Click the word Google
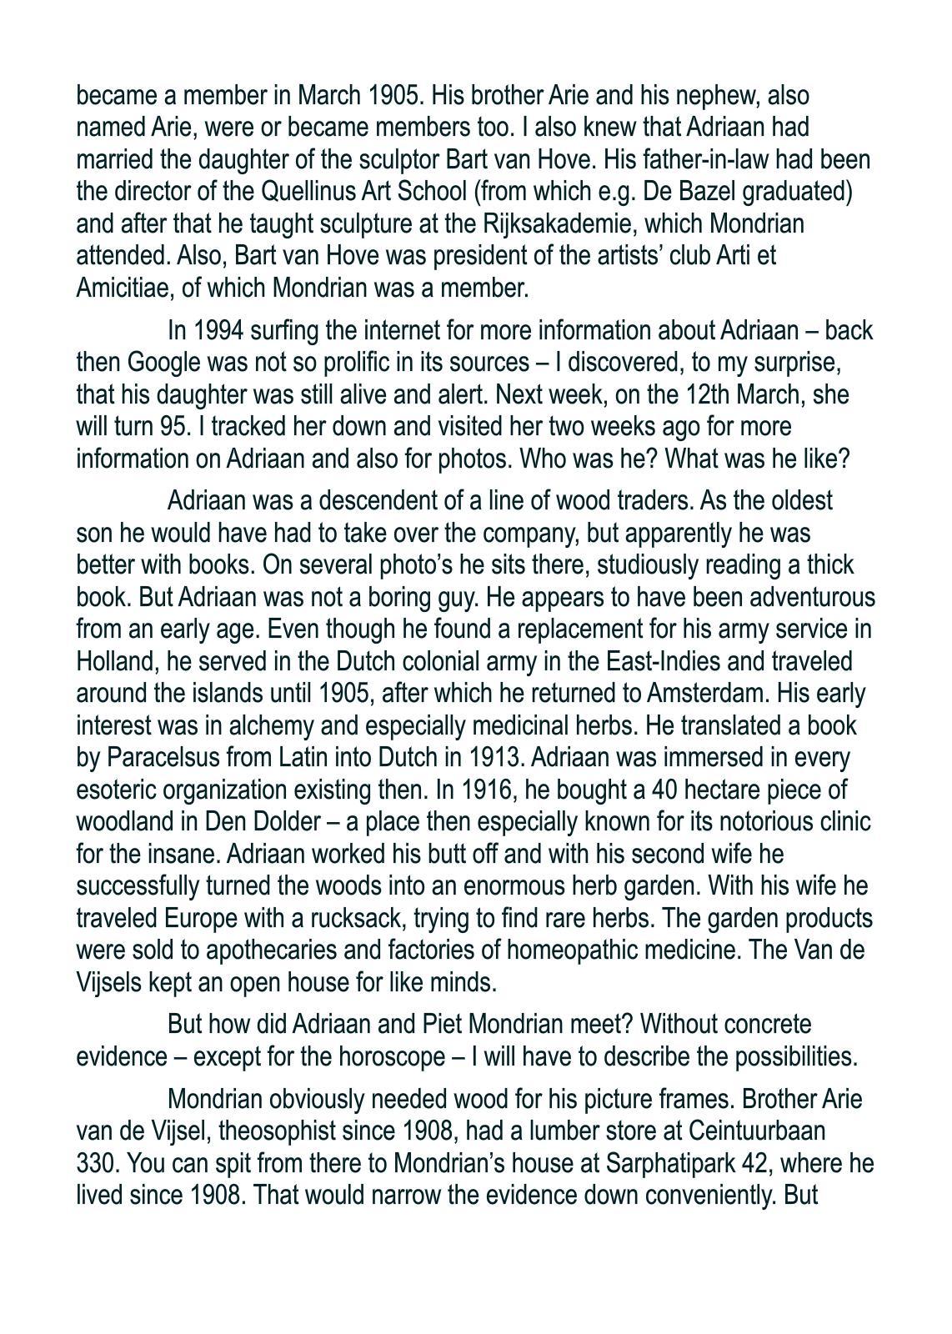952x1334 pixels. (x=163, y=363)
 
